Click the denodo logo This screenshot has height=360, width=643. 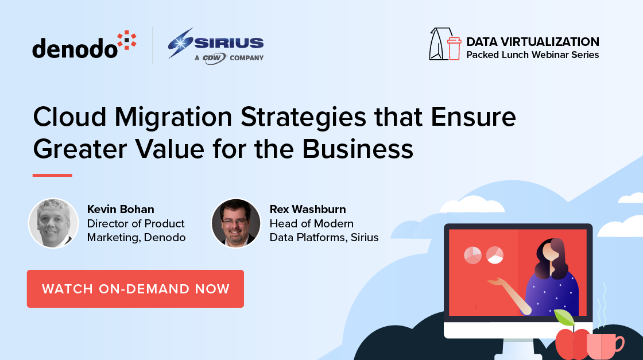coord(84,45)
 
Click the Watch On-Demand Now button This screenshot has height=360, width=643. coord(135,289)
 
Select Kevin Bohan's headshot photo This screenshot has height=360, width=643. coord(53,223)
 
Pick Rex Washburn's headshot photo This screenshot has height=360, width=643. coord(236,223)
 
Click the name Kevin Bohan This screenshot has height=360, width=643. coord(121,209)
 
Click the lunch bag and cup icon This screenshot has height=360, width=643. coord(445,44)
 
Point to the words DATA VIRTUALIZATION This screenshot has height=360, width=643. coord(532,42)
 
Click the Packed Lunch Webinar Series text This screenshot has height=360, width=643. coord(532,55)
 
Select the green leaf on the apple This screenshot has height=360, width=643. coord(564,318)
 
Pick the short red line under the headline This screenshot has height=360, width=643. coord(52,175)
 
